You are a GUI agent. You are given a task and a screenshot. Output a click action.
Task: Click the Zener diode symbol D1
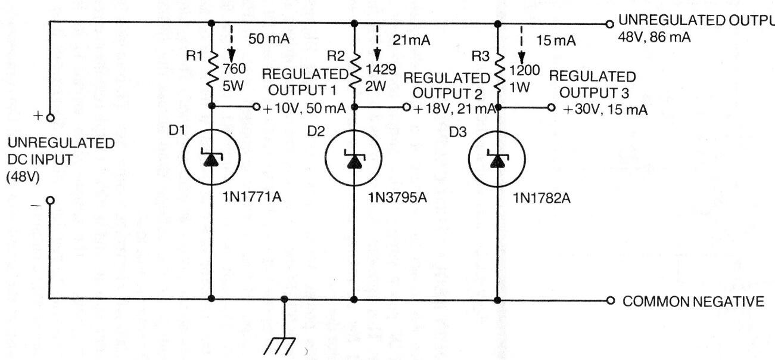(x=211, y=157)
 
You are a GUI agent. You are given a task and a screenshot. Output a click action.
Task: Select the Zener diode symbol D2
(x=354, y=158)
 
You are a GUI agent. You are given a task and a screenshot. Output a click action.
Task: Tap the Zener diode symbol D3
(x=497, y=159)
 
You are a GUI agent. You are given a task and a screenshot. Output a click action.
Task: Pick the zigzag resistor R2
(x=355, y=73)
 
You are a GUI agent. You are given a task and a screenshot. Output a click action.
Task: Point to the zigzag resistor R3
(x=498, y=73)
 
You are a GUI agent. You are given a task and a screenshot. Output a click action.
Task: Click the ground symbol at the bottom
(x=280, y=346)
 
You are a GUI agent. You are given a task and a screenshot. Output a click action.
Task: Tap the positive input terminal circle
(x=51, y=118)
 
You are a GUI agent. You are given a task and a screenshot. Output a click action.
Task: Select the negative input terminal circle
(x=51, y=201)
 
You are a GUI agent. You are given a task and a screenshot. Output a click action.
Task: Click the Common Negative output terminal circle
(x=611, y=300)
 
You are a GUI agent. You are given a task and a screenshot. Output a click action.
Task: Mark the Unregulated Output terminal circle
(x=610, y=24)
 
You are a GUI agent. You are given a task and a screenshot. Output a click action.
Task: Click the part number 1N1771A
(x=252, y=197)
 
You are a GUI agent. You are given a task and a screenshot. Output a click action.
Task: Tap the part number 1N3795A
(x=397, y=198)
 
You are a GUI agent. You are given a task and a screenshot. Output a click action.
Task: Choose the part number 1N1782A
(x=541, y=198)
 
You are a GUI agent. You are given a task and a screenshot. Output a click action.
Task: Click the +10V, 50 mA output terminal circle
(x=256, y=107)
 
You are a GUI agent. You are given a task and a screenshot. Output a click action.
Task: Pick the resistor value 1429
(x=381, y=70)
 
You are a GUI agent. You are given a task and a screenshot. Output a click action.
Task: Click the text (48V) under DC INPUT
(x=23, y=177)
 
